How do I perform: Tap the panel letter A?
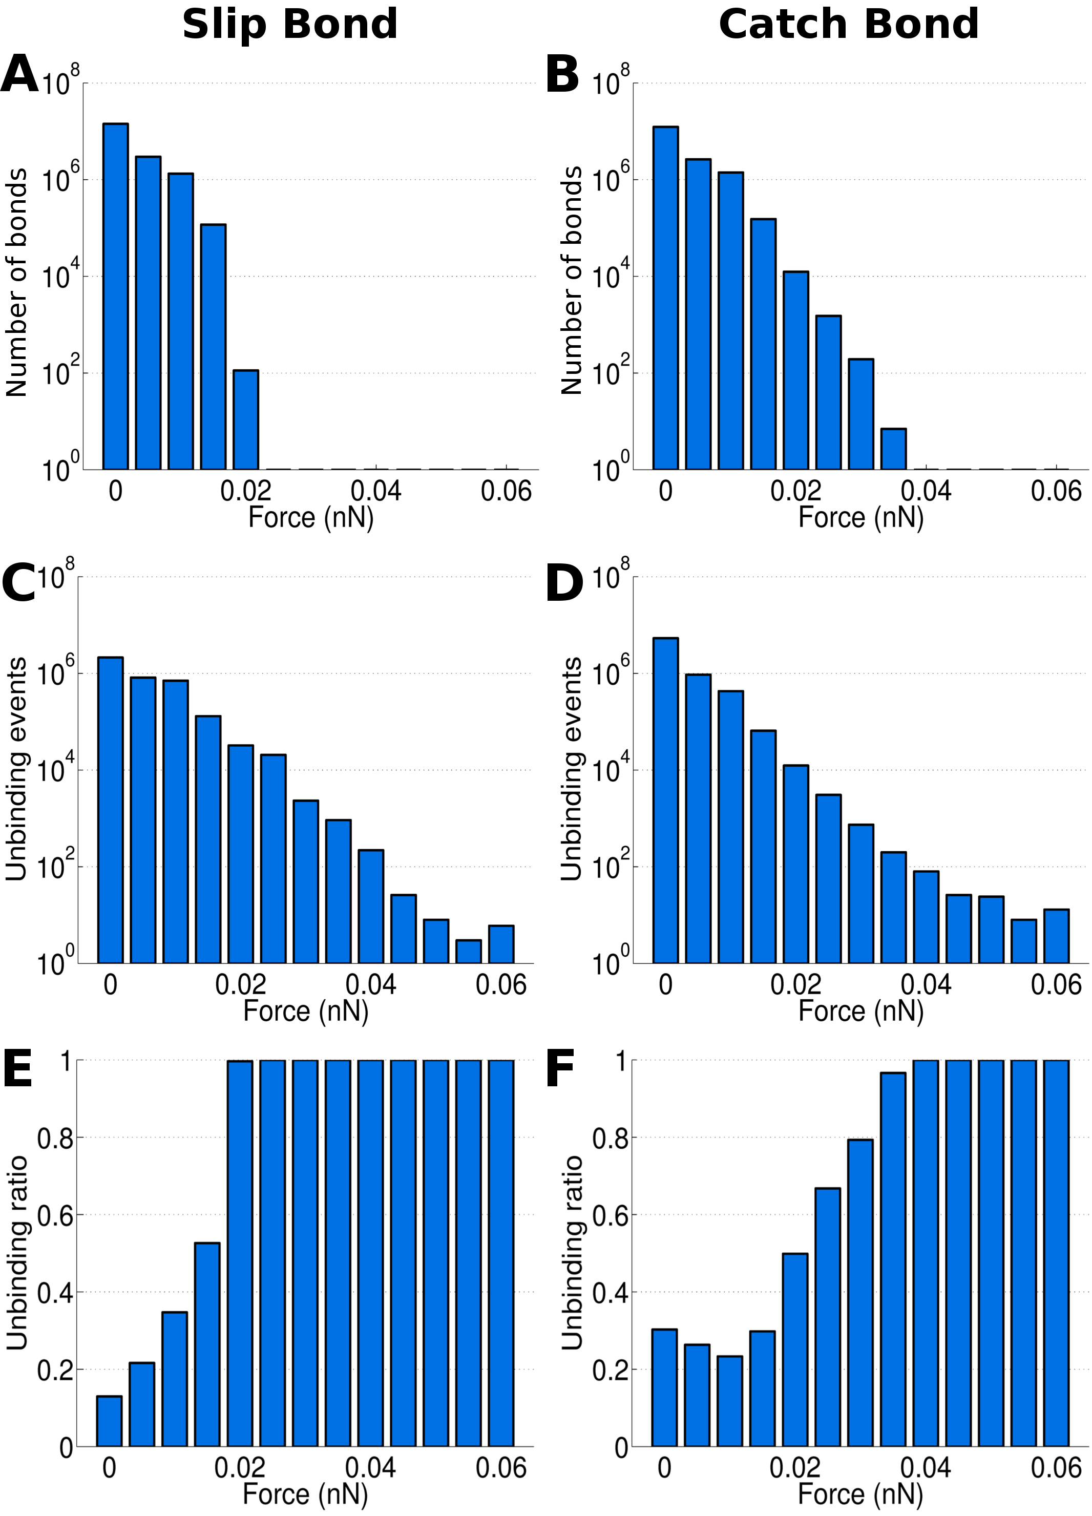point(19,75)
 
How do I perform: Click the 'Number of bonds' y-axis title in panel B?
point(572,281)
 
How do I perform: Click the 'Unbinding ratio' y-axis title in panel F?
point(572,1253)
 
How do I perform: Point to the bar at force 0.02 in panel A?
point(246,420)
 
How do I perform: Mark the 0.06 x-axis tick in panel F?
point(1056,1468)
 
